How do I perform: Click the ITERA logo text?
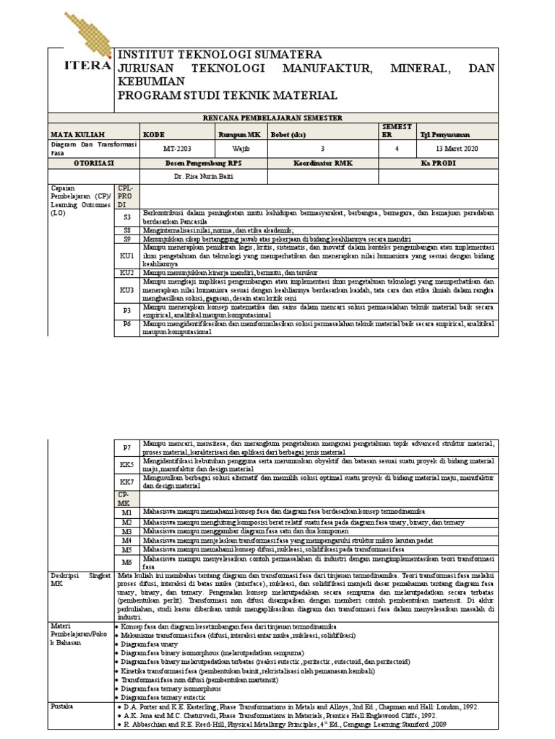(81, 66)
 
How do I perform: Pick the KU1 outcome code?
(127, 256)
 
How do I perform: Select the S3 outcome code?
(127, 217)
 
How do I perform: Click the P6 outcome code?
(127, 325)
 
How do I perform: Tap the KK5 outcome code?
(127, 465)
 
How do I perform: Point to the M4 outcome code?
(127, 540)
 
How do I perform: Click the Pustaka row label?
(63, 707)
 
